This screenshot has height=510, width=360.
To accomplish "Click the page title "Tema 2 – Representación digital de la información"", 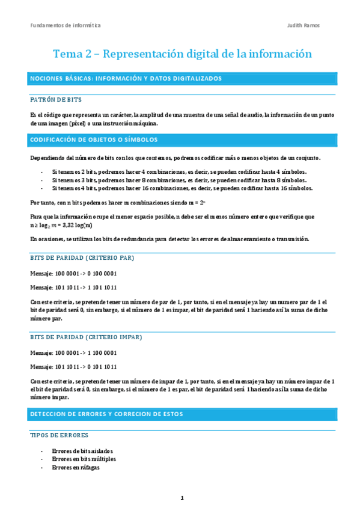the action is click(183, 54).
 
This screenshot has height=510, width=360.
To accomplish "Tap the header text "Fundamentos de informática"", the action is click(66, 25).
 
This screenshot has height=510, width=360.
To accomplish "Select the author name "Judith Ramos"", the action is click(304, 25).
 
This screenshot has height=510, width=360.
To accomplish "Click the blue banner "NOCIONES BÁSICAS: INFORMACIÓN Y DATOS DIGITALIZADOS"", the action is click(126, 78).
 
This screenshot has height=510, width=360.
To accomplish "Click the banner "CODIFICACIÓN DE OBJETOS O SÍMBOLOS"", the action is click(94, 140).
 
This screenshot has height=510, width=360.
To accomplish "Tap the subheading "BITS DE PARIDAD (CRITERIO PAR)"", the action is click(82, 257).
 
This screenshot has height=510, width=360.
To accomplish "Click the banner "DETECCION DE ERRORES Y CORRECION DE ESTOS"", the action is click(106, 414).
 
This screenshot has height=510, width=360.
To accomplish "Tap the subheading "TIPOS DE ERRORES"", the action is click(59, 435).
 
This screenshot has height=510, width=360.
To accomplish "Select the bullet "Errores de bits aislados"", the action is click(82, 450).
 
